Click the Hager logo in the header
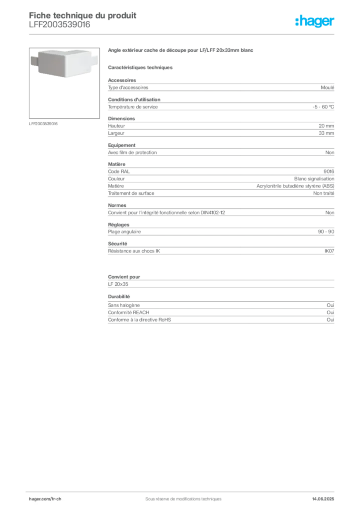coord(314,21)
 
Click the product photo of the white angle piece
coord(64,63)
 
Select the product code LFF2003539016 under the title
coord(59,25)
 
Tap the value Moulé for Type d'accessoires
coord(327,87)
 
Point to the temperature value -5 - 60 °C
coord(323,107)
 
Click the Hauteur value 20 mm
coord(326,126)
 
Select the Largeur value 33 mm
coord(326,133)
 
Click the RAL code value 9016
coord(329,171)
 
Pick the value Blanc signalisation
coord(314,179)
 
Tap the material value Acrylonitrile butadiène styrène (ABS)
coord(295,186)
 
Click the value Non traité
coord(323,193)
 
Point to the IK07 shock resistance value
coord(329,251)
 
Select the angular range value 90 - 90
coord(326,232)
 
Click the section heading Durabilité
coord(119,296)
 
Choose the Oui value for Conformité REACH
coord(330,312)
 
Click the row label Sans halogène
coord(124,305)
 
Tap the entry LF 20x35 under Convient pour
coord(118,284)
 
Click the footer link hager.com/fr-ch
coord(45,499)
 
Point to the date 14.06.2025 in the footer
coord(323,499)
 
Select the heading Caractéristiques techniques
coord(140,68)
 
